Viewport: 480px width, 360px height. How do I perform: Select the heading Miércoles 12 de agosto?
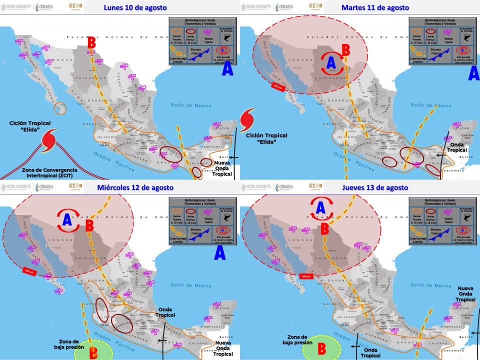(135, 187)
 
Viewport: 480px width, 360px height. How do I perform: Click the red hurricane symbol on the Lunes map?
(48, 139)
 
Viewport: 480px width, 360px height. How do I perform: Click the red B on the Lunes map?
(91, 43)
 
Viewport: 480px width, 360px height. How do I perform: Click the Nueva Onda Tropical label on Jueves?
(465, 294)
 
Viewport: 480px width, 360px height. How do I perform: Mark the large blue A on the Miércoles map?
(219, 253)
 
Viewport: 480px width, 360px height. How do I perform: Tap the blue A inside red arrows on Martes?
(330, 63)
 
